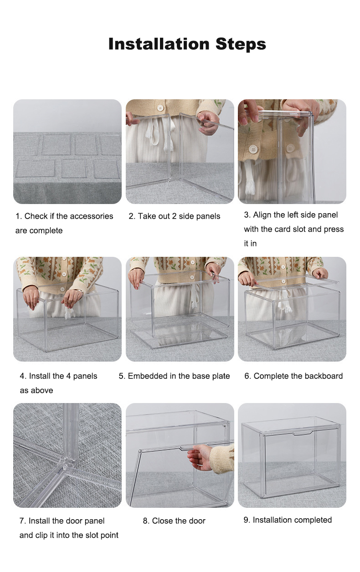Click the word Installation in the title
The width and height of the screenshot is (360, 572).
tap(159, 44)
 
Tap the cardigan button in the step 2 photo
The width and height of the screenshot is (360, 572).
tap(160, 108)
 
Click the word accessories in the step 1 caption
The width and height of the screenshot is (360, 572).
tap(92, 216)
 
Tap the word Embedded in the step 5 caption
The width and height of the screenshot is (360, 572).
tap(144, 376)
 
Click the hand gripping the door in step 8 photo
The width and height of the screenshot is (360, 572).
tap(200, 457)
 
